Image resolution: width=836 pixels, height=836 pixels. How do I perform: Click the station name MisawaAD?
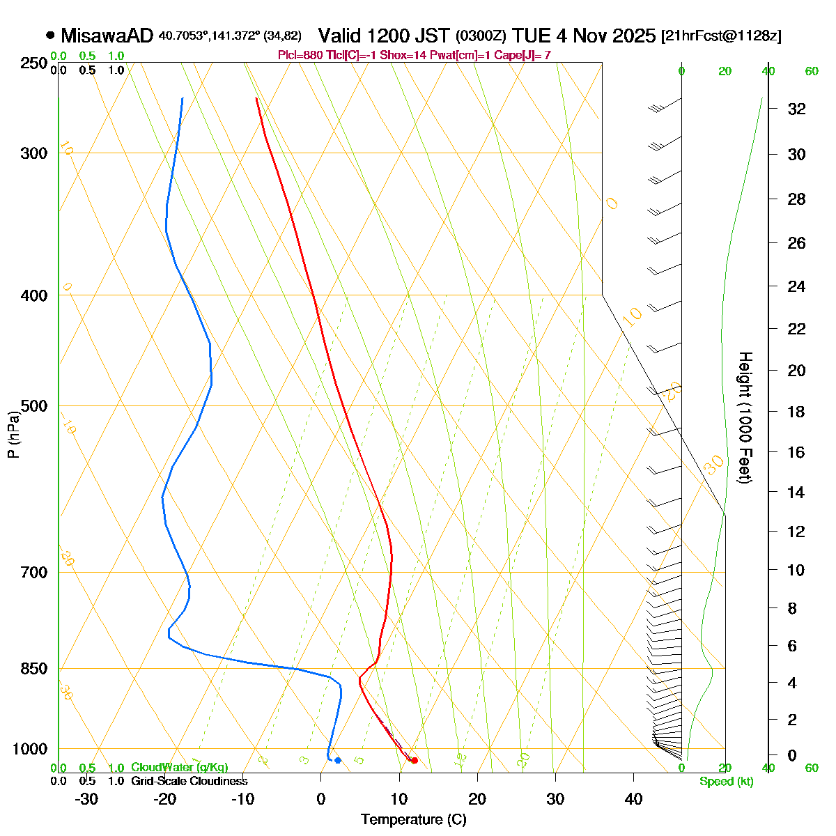tap(107, 36)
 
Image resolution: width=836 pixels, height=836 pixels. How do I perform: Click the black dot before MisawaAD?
tap(50, 36)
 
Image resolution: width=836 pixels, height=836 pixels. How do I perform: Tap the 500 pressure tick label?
tap(34, 405)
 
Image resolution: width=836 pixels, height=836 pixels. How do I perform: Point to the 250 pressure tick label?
tap(34, 63)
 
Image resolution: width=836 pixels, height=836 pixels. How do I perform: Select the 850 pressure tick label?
tap(34, 669)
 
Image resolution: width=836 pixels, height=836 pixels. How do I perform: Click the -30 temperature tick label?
tap(86, 799)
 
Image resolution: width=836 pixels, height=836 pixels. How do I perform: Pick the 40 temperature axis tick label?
tap(633, 799)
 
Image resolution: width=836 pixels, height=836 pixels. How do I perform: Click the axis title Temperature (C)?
tap(414, 820)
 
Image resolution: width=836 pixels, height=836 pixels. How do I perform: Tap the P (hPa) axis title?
tap(13, 435)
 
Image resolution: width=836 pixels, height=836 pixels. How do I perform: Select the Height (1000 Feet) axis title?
tap(744, 418)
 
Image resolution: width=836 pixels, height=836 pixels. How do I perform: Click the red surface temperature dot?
tap(415, 760)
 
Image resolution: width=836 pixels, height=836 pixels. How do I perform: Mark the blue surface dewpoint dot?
tap(338, 760)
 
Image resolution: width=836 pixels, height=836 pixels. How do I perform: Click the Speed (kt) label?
tap(727, 782)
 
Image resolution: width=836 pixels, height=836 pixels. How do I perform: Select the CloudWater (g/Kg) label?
tap(179, 768)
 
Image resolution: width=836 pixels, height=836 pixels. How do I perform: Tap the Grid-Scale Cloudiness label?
tap(189, 782)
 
